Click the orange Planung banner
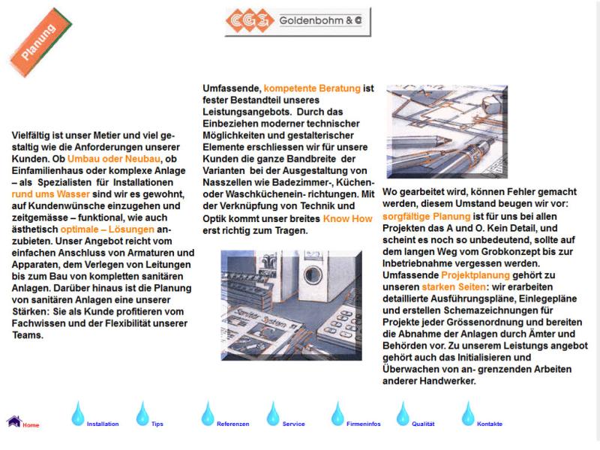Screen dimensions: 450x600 point(40,43)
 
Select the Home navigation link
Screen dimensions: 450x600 point(31,425)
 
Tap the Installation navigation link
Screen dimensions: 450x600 point(103,424)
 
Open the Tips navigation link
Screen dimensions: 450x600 point(157,424)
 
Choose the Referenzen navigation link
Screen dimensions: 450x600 point(232,424)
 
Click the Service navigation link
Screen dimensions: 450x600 point(293,424)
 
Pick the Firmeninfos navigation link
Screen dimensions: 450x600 point(364,424)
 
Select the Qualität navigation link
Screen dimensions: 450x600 point(423,424)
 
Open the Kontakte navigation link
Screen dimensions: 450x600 point(490,424)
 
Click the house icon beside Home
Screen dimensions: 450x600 point(13,421)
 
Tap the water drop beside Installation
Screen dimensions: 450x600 point(77,413)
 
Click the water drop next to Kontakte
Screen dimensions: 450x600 point(468,413)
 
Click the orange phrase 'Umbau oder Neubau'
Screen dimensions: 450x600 point(114,159)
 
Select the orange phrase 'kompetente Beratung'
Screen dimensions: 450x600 point(312,88)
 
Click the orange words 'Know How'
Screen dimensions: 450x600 point(347,219)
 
